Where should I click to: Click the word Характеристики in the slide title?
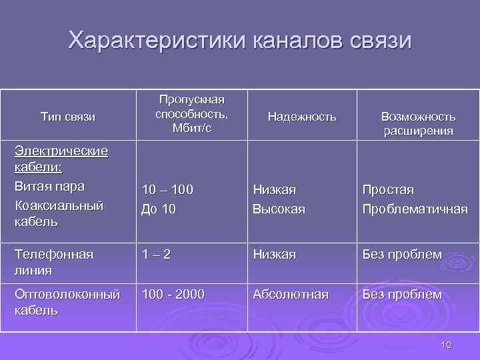pos(158,41)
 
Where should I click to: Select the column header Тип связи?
pos(68,117)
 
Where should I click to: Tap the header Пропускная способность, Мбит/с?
pos(191,113)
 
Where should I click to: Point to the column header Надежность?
pos(302,117)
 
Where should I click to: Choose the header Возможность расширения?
pos(418,123)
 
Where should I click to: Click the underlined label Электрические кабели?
pos(61,159)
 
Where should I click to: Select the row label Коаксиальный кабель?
pos(59,213)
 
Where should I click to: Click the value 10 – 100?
pos(167,190)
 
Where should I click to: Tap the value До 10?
pos(159,209)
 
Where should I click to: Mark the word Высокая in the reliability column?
pos(279,209)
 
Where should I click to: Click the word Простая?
pos(388,190)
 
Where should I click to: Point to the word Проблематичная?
pos(415,209)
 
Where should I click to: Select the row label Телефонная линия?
pos(54,263)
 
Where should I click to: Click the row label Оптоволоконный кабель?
pos(67,302)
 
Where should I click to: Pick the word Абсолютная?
pos(290,294)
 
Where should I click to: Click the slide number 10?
pos(446,344)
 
